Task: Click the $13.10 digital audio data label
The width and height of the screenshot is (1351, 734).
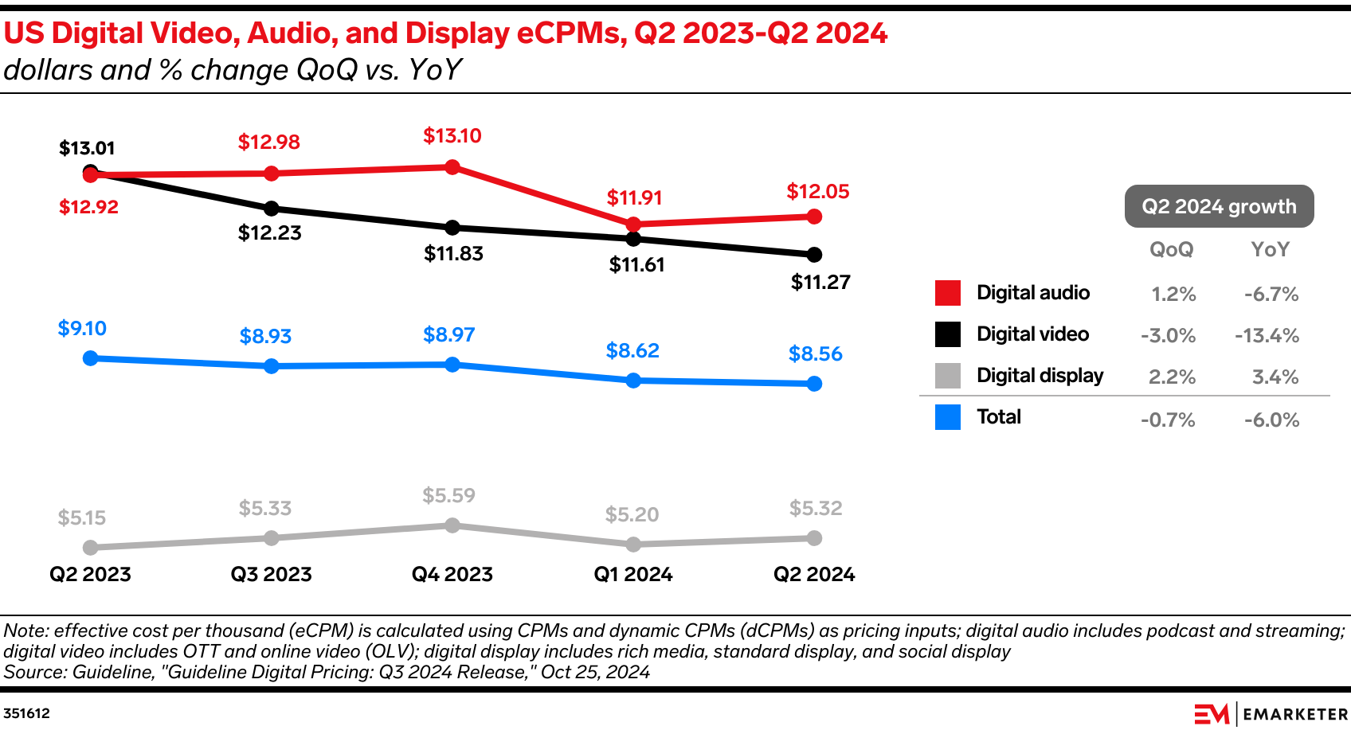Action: tap(452, 136)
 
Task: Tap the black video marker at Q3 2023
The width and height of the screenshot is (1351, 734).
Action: tap(272, 209)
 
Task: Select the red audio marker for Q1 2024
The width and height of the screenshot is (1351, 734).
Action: tap(633, 224)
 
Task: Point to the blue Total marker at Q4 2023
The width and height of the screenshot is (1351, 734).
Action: tap(452, 365)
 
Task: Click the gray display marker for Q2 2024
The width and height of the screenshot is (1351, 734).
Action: tap(814, 538)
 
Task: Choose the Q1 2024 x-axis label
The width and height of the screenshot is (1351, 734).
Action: tap(633, 574)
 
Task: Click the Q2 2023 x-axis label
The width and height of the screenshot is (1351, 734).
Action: tap(90, 574)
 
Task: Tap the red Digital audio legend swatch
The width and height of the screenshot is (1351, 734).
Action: tap(948, 293)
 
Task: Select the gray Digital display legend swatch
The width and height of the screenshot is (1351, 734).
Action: tap(948, 376)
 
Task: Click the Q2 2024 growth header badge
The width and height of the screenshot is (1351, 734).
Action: tap(1219, 206)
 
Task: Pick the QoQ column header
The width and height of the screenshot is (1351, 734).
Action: tap(1171, 250)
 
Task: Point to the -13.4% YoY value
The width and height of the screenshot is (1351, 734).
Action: tap(1267, 336)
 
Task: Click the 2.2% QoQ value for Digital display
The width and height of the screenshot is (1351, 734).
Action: tap(1172, 377)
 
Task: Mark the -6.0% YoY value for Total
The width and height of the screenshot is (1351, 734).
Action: tap(1271, 420)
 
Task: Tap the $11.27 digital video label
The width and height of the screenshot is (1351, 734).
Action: tap(820, 283)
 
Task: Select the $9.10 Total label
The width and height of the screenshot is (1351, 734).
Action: tap(82, 328)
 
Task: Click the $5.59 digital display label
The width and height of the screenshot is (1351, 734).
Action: tap(448, 496)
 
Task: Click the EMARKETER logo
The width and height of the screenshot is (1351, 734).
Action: tap(1271, 714)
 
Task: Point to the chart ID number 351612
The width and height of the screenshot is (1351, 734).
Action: tap(26, 713)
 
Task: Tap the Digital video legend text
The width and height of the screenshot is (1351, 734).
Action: tap(1032, 334)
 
